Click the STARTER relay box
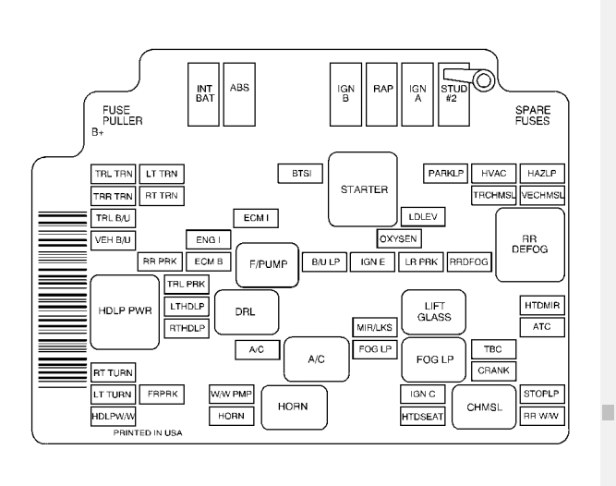(362, 189)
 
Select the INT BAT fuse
(204, 93)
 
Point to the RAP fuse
(382, 93)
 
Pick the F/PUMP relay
(269, 263)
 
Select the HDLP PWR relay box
(124, 311)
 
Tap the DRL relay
(244, 311)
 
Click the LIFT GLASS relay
(433, 311)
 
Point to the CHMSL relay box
(483, 407)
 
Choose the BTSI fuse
(300, 174)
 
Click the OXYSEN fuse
(399, 238)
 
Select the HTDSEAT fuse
(423, 417)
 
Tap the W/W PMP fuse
(230, 395)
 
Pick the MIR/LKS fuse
(374, 328)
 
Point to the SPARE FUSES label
(532, 115)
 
